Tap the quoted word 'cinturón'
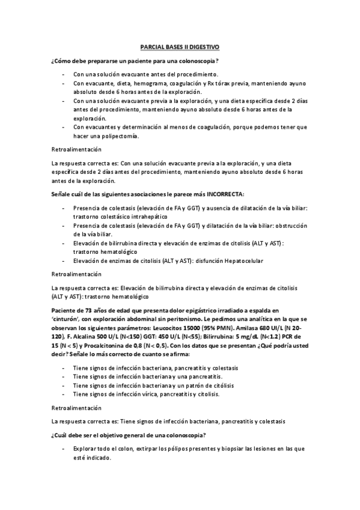coord(67,318)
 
